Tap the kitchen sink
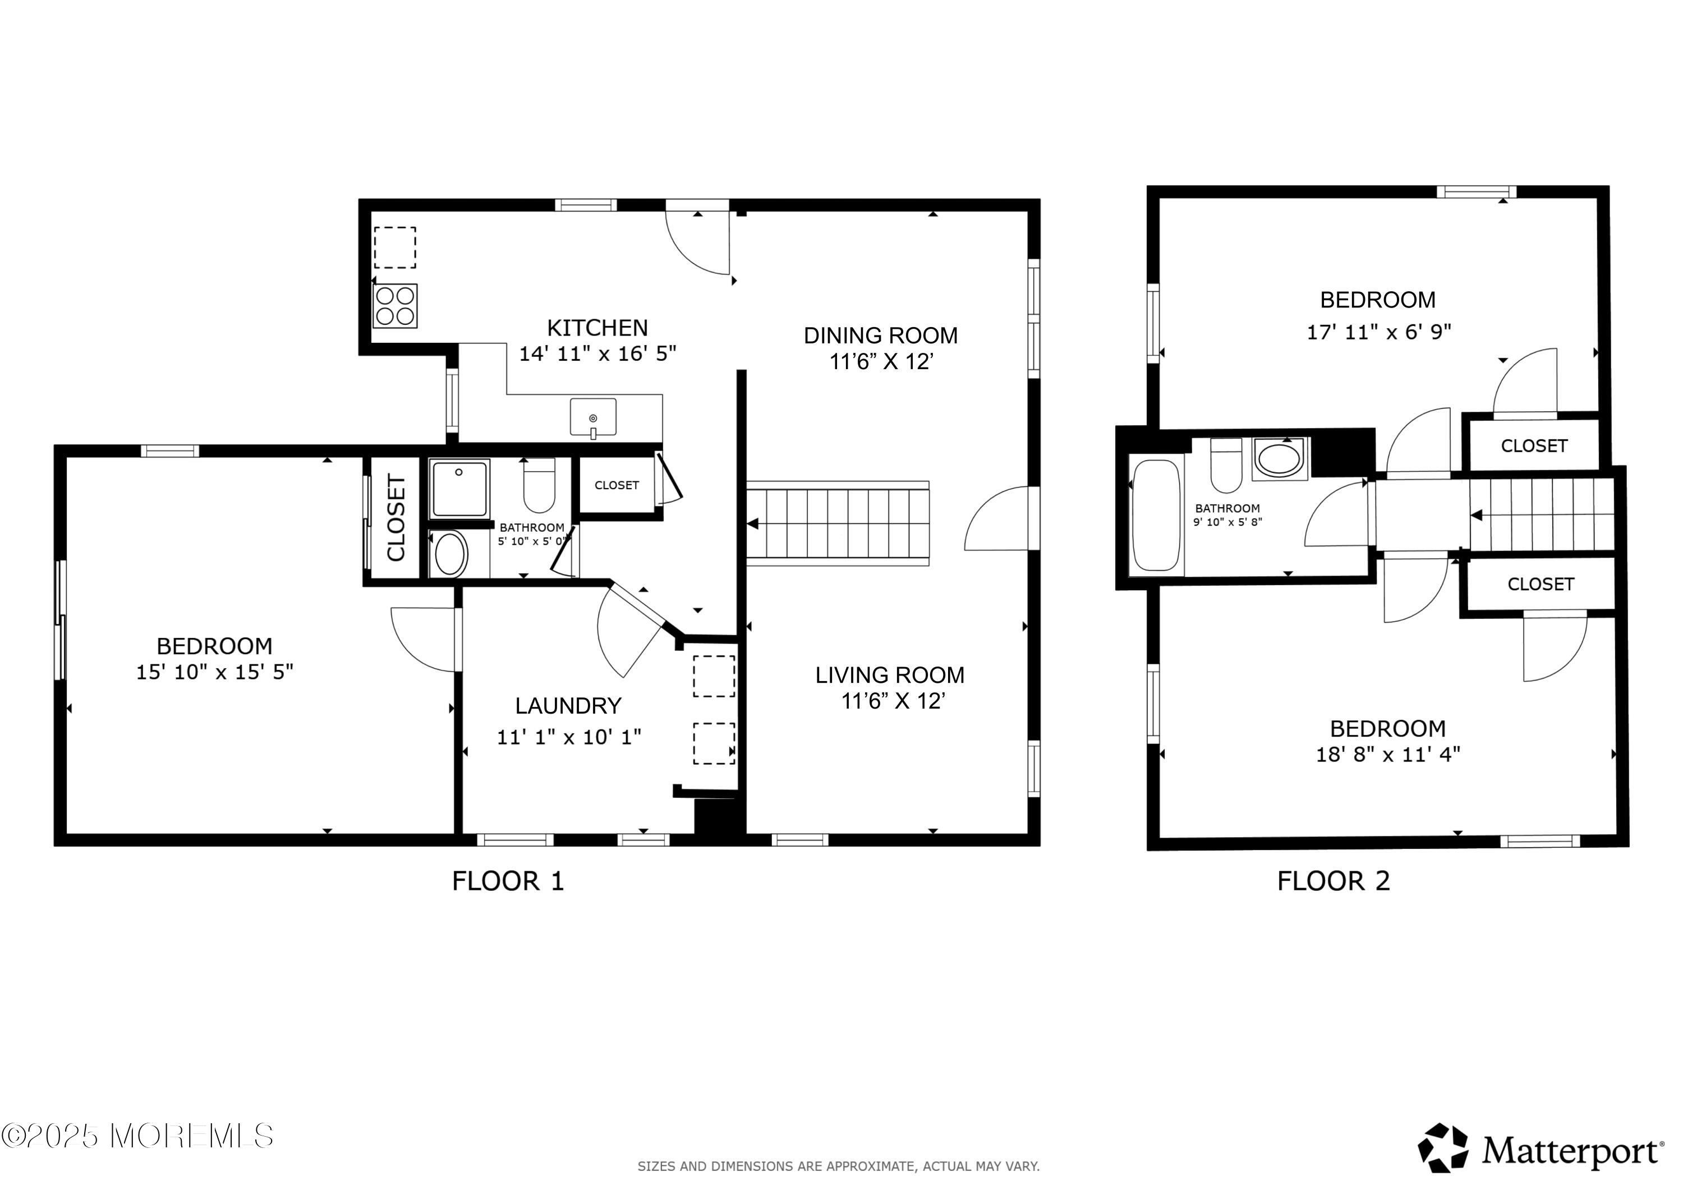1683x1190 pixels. click(x=593, y=417)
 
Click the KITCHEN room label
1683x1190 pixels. click(x=597, y=328)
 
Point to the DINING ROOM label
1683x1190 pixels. click(x=880, y=336)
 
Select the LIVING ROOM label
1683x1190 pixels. click(x=890, y=676)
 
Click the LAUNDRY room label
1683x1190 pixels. click(x=568, y=706)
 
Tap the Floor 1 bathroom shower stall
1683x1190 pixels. click(x=459, y=488)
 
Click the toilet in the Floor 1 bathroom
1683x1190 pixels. click(x=540, y=485)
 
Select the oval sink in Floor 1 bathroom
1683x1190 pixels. click(x=451, y=554)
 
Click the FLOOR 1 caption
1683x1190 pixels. click(x=508, y=881)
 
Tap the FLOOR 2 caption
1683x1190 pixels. click(x=1333, y=881)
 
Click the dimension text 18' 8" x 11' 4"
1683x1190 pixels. click(x=1387, y=755)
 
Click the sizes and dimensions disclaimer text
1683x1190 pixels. click(x=839, y=1166)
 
